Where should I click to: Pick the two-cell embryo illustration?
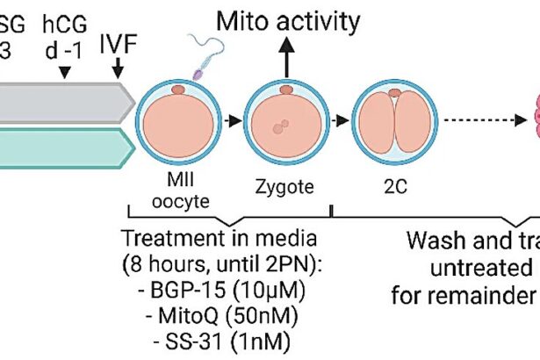pyautogui.click(x=395, y=122)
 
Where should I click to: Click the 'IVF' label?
pyautogui.click(x=117, y=42)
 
